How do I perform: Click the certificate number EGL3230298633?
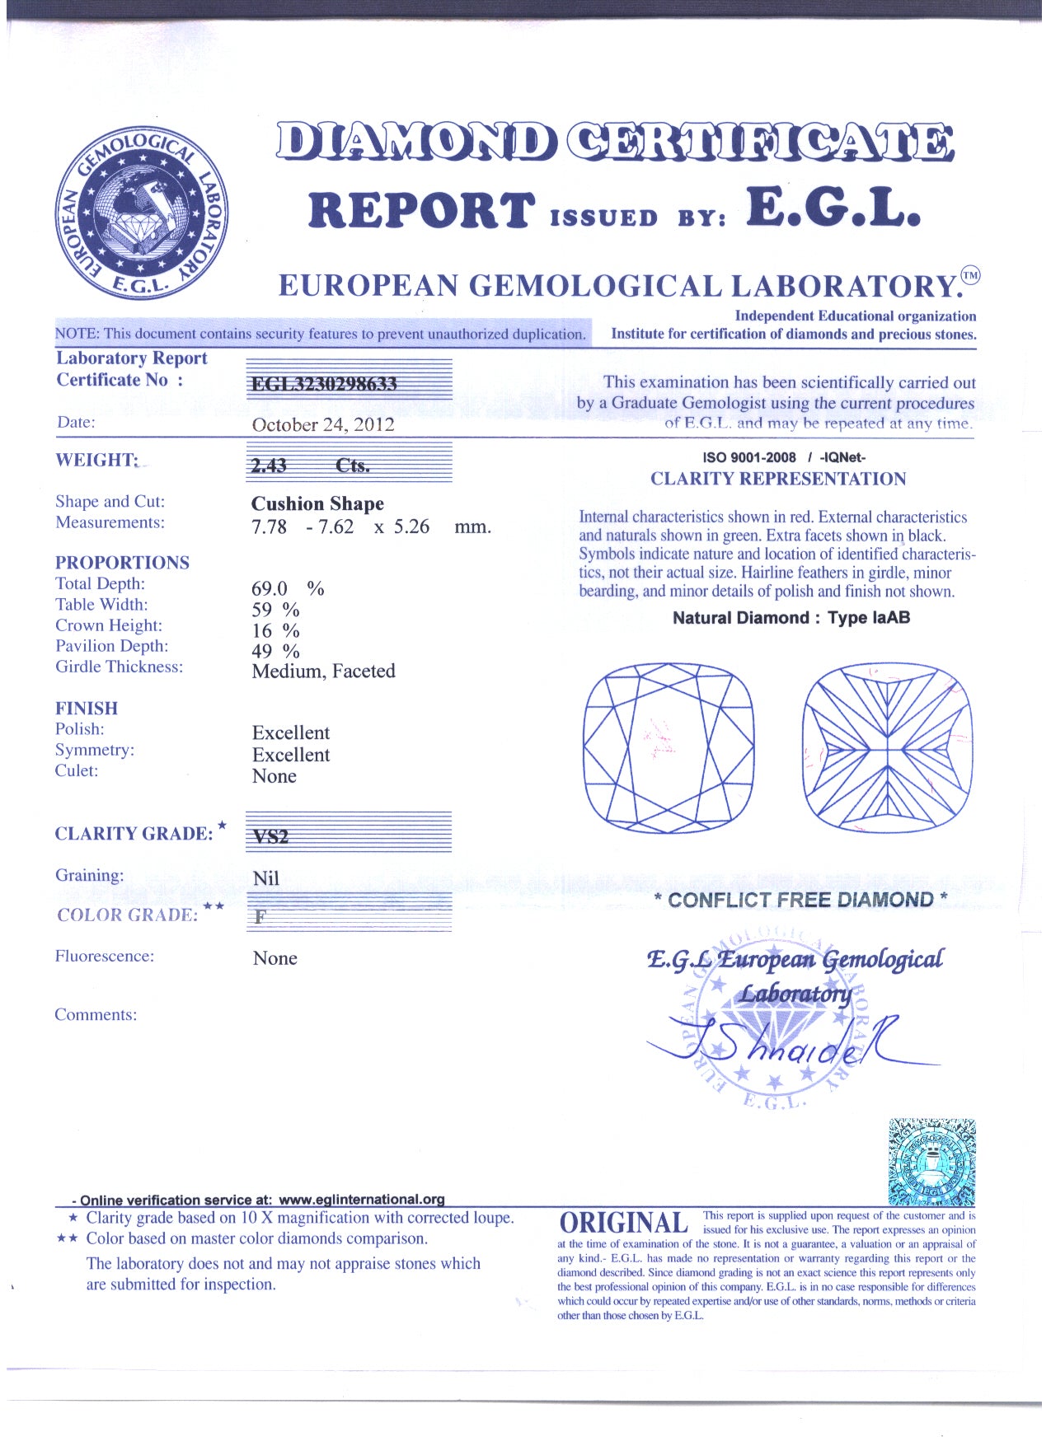point(324,384)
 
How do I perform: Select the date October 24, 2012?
point(323,425)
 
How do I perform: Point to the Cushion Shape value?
point(317,503)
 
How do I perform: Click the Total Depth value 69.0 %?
point(287,588)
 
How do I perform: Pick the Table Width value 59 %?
point(275,610)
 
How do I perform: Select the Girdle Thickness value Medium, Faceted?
point(323,672)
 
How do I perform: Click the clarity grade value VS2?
point(271,836)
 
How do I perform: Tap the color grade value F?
point(260,916)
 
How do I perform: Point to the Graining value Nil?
point(266,878)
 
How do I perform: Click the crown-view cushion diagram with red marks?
point(669,747)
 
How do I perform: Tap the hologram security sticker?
point(932,1163)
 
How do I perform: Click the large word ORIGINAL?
point(623,1223)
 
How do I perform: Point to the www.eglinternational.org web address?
point(362,1200)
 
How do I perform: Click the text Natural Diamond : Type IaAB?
point(791,618)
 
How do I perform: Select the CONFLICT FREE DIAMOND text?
point(800,900)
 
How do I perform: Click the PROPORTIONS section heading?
point(122,563)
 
